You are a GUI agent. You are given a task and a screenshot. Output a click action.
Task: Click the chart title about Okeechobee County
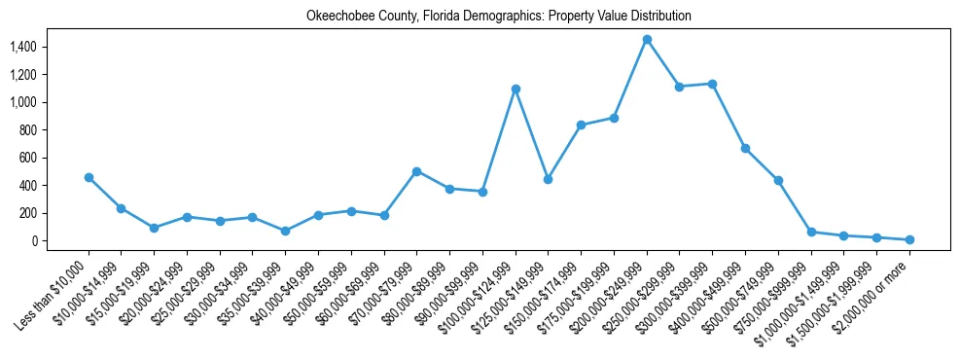click(485, 17)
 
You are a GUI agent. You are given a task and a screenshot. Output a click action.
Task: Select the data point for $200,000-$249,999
click(647, 40)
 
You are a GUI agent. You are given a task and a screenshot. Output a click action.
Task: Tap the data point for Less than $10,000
click(89, 177)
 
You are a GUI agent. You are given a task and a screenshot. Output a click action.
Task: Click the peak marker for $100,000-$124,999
click(516, 89)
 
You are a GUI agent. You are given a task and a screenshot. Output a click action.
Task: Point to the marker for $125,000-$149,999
click(549, 179)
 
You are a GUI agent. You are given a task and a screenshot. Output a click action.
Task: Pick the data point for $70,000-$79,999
click(416, 171)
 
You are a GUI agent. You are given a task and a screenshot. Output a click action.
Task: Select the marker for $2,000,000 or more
click(909, 239)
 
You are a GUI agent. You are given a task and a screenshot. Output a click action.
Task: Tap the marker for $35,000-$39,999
click(285, 231)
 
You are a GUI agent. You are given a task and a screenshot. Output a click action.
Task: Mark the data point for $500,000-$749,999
click(778, 180)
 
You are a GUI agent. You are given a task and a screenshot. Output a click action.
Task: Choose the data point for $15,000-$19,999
click(154, 228)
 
